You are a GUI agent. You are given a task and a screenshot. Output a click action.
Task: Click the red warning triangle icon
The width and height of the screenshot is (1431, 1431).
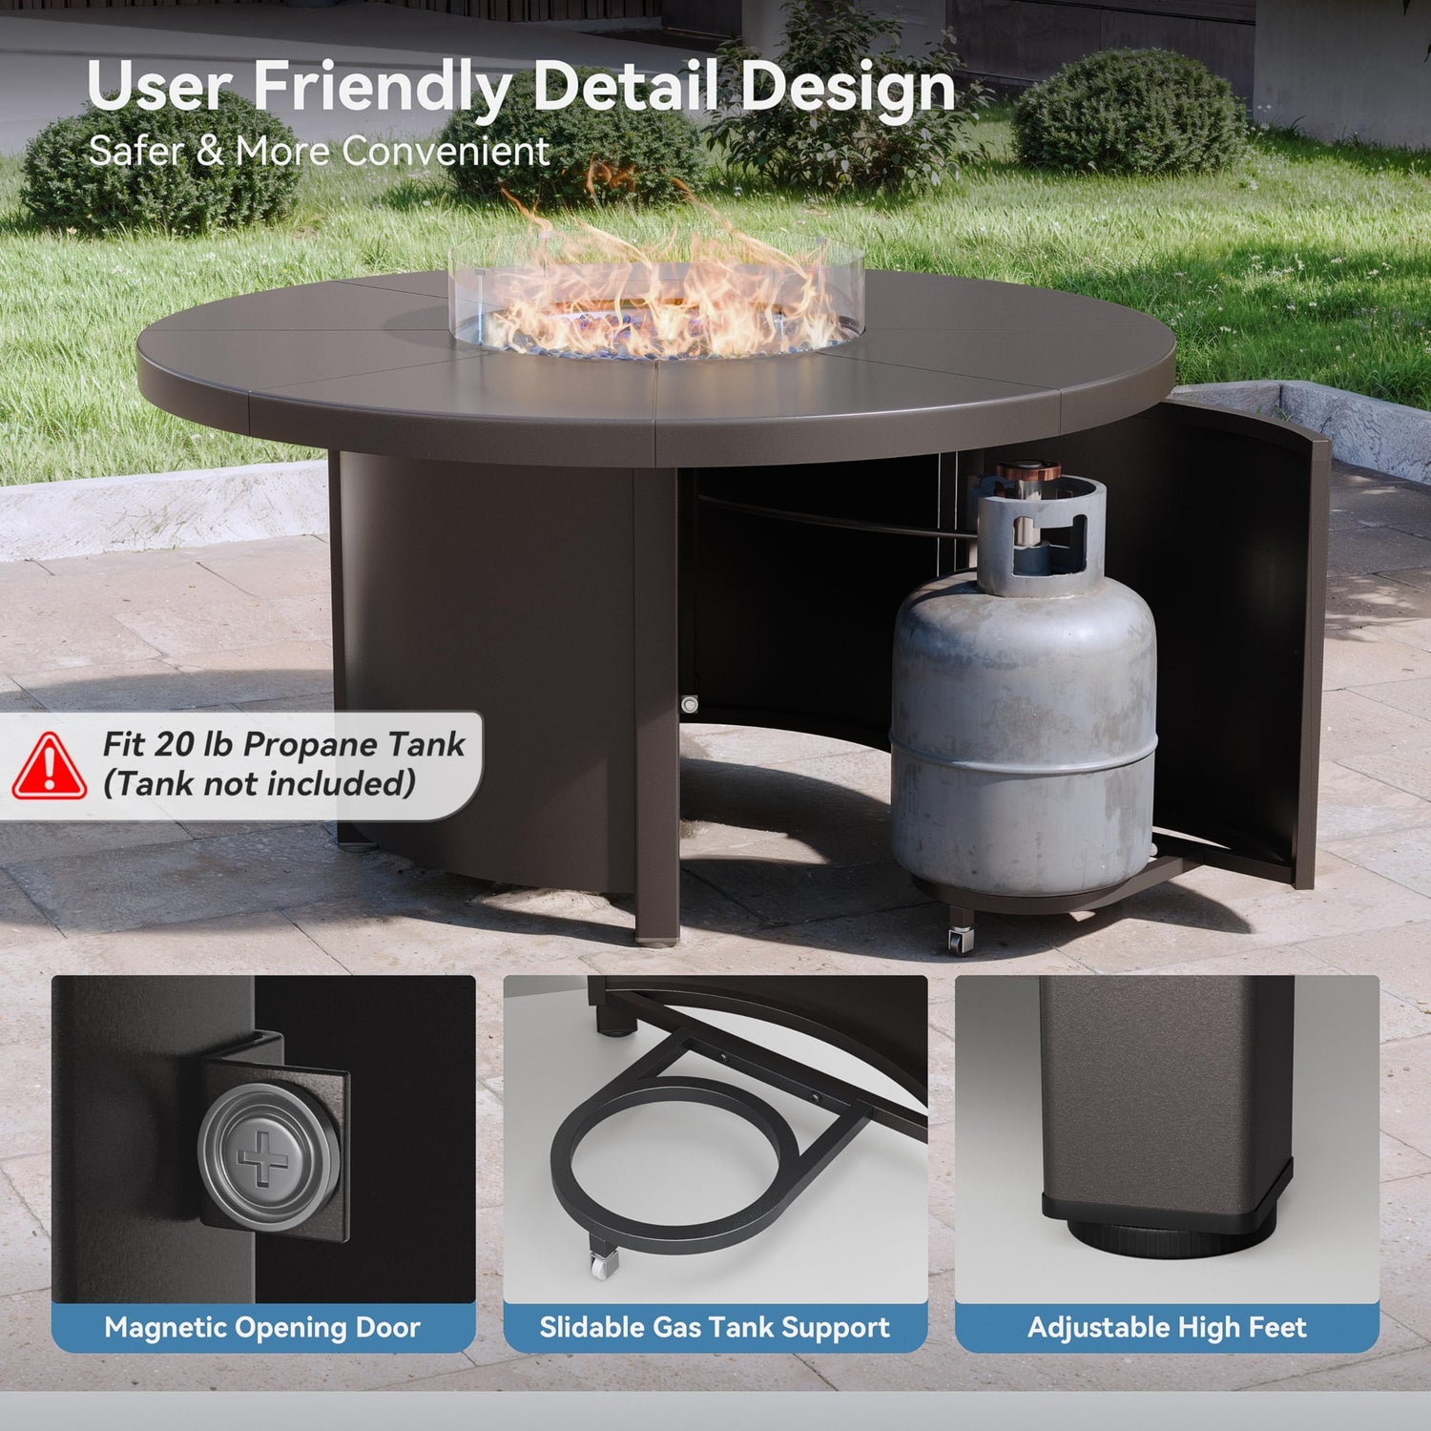click(49, 766)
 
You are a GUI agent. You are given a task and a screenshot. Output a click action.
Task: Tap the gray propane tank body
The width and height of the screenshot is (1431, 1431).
click(1023, 725)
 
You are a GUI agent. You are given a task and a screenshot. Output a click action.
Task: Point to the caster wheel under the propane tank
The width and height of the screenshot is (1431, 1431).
click(962, 941)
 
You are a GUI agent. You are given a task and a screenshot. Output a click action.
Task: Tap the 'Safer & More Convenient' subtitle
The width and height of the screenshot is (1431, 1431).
click(319, 152)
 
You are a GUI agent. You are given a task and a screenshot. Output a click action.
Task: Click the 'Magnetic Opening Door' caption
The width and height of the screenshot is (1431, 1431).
click(262, 1327)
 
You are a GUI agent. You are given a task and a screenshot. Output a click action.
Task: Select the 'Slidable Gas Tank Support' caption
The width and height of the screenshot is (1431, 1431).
click(715, 1327)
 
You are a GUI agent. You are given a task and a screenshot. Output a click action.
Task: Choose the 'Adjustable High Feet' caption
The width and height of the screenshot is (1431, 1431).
click(1167, 1327)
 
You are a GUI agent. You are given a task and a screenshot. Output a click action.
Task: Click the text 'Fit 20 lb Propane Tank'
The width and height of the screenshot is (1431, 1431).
click(283, 744)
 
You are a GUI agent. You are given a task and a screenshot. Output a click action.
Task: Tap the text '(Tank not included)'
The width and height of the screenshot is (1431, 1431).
click(259, 784)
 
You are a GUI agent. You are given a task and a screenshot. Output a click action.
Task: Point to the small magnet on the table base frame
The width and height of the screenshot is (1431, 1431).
click(690, 705)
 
